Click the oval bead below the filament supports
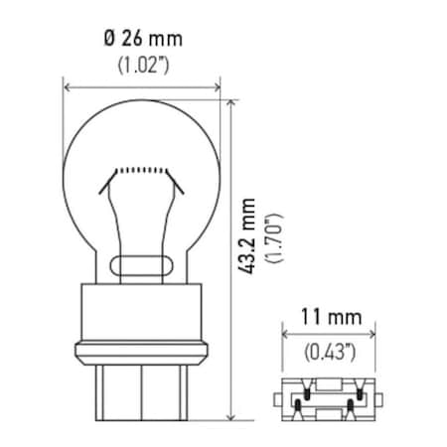144,265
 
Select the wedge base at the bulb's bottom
144,391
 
